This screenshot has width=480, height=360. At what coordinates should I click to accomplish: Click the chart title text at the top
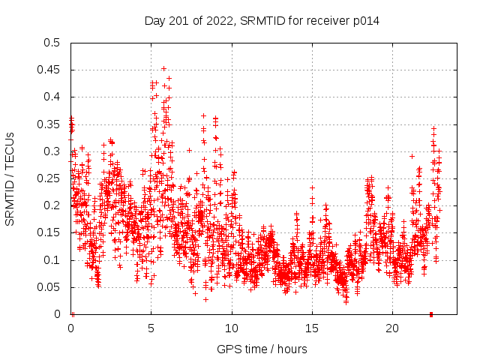262,21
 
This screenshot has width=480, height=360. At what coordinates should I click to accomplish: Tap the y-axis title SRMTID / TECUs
10,179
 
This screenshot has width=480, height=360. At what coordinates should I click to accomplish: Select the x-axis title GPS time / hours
262,349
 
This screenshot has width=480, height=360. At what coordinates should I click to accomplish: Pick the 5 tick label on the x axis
151,328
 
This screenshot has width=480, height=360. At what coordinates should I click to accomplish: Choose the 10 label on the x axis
232,328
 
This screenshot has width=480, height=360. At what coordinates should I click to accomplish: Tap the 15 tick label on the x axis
312,328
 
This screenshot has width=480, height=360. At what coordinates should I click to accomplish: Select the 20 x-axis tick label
392,328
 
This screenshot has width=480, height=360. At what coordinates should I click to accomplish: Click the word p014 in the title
365,21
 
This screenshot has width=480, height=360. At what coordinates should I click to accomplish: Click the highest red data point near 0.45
163,68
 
